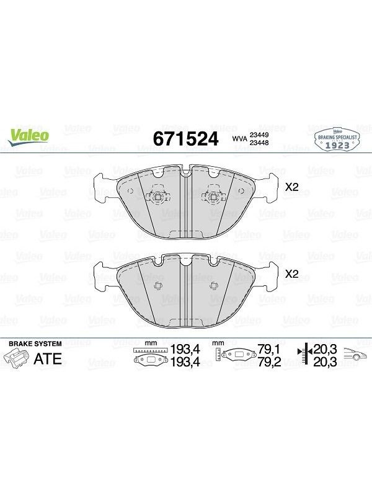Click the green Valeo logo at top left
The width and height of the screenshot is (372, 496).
click(x=29, y=137)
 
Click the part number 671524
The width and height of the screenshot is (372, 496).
click(x=185, y=138)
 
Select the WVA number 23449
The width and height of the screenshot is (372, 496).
click(x=259, y=135)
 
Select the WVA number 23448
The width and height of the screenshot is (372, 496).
click(x=259, y=143)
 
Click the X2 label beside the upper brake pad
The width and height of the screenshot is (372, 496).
click(x=291, y=187)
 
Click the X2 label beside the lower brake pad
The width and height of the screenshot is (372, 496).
click(x=291, y=273)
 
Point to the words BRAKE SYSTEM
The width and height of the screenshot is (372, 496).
click(x=35, y=343)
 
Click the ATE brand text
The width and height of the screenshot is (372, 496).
click(x=48, y=359)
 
